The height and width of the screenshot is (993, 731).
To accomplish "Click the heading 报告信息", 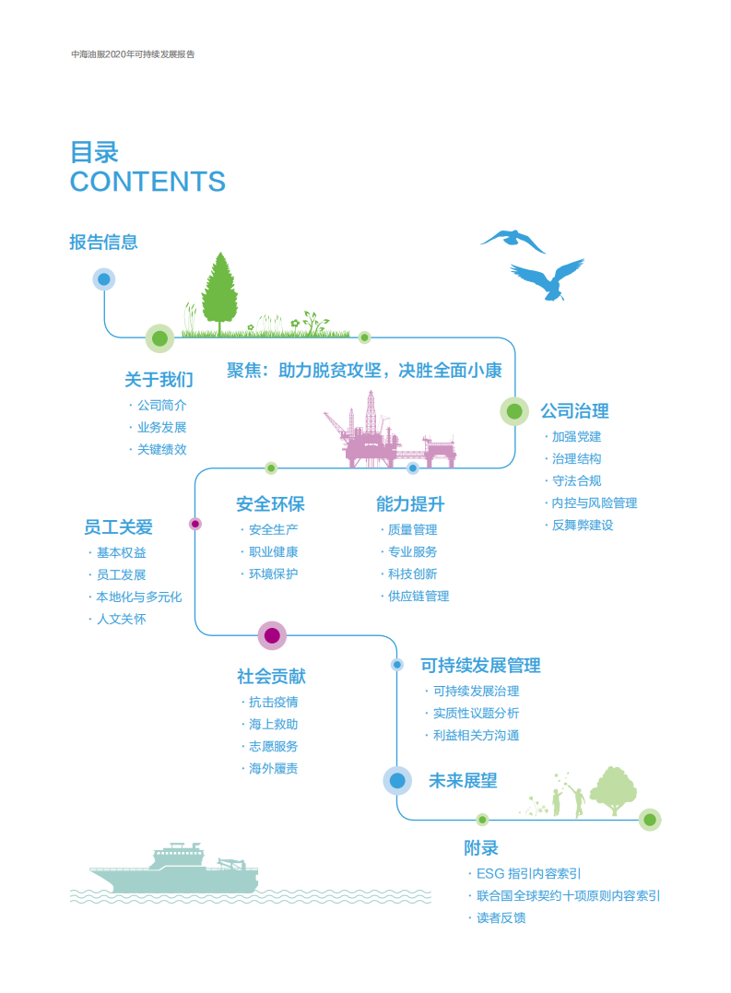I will coord(103,242).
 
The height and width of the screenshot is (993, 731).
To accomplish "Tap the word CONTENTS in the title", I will coord(147,182).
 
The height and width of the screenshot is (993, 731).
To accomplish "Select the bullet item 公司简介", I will coord(161,405).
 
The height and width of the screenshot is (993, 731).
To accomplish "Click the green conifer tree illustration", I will coord(219,293).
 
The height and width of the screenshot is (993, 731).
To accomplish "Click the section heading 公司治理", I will coord(574,411).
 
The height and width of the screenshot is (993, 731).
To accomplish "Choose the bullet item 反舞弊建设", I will coord(582,525).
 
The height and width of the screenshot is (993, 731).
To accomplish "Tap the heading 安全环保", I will coord(270,504).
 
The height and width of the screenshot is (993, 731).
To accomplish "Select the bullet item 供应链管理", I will coord(419,596).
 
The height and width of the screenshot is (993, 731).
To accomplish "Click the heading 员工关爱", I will coord(118,527).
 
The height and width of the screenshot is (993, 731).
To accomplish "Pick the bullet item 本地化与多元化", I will coord(139,597).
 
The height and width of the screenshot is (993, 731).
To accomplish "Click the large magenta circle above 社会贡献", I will coord(272,635).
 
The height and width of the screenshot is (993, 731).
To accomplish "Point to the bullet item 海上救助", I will coord(273,724).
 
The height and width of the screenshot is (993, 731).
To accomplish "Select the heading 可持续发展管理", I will coord(480,665).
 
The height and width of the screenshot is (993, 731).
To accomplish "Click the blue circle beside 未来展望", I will coord(397,781).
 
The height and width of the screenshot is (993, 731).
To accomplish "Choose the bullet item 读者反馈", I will coord(501,917).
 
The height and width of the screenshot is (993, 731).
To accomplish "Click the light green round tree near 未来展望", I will coord(613,789).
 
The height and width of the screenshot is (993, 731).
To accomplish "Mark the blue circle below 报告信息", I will coord(104,279).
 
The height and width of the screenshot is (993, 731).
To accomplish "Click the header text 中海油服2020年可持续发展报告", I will coord(133,54).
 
